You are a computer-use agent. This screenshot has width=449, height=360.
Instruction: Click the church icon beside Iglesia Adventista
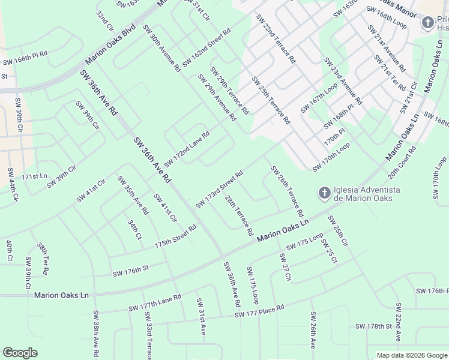[324, 193]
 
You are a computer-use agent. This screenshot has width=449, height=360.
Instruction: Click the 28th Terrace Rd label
[238, 215]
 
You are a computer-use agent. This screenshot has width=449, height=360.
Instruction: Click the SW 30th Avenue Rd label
[161, 49]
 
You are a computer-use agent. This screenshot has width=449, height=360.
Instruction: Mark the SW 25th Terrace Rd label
[271, 100]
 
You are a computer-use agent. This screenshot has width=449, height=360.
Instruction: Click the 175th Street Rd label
[175, 236]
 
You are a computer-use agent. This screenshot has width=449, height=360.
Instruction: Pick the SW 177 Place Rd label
[259, 311]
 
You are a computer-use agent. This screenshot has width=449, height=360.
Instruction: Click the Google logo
[20, 353]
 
